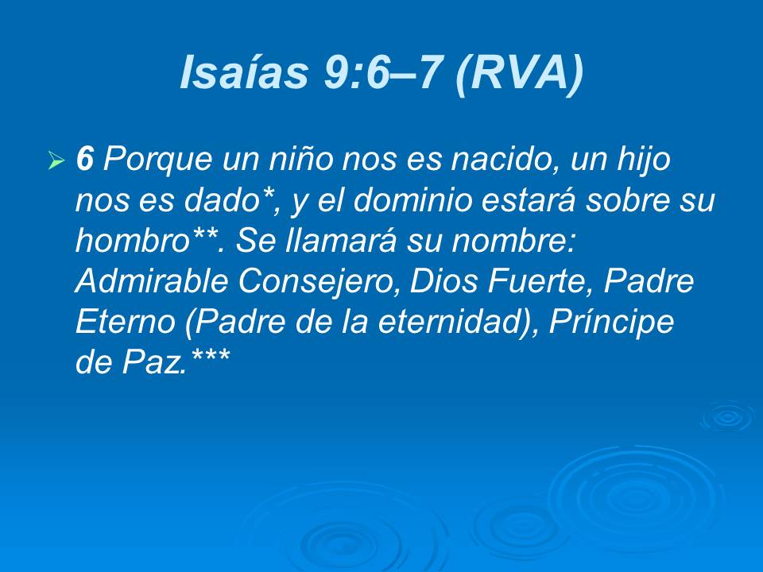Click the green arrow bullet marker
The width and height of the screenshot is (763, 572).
point(56,162)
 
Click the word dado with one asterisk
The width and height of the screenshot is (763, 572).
point(230,202)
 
